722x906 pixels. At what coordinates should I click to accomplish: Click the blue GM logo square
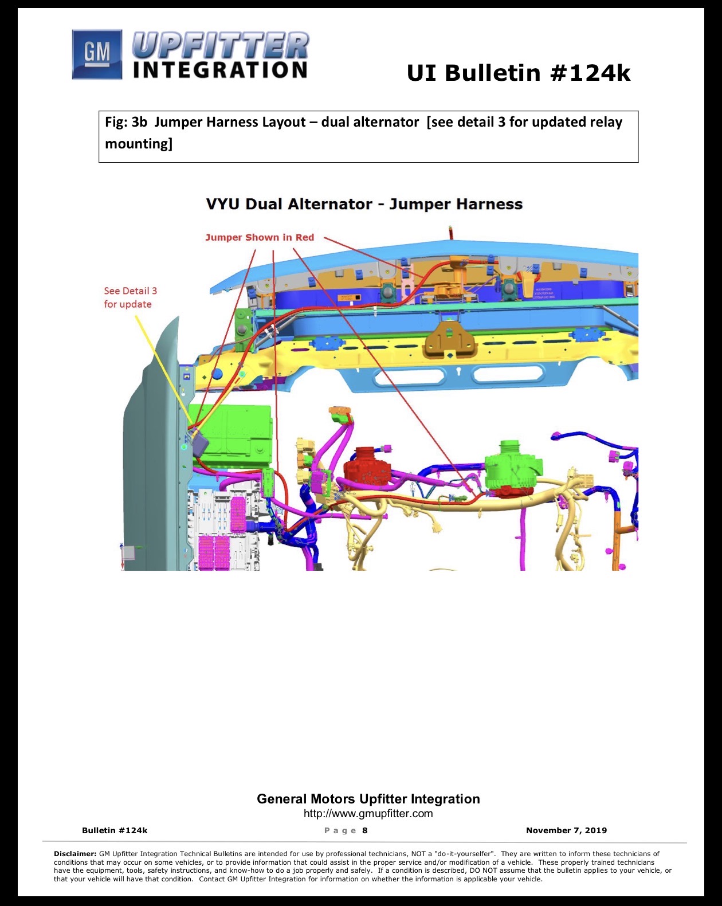(97, 54)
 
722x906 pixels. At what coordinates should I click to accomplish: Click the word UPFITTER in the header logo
(221, 45)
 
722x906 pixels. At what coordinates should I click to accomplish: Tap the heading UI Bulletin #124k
(518, 73)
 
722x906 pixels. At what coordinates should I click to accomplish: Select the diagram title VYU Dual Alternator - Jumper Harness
(364, 204)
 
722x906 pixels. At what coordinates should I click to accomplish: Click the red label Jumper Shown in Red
(260, 237)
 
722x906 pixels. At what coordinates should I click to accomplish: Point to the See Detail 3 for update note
(130, 297)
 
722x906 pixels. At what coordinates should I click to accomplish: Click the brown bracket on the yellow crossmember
(450, 339)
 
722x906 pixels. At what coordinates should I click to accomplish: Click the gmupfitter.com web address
(368, 813)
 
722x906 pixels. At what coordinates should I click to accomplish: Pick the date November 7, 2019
(566, 830)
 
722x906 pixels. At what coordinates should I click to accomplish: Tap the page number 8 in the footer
(365, 830)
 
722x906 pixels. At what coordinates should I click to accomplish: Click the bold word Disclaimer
(76, 853)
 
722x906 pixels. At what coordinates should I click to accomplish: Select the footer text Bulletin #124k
(115, 830)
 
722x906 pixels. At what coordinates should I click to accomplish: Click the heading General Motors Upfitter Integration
(368, 799)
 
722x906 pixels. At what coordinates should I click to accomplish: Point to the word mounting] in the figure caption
(139, 144)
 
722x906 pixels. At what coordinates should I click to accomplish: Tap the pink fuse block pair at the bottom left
(215, 553)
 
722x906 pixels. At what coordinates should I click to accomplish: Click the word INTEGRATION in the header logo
(220, 70)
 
